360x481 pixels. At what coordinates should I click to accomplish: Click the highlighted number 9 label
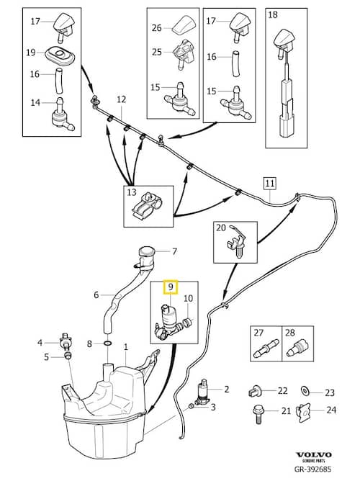pyautogui.click(x=171, y=287)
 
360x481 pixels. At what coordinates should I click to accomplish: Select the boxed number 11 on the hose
pyautogui.click(x=269, y=184)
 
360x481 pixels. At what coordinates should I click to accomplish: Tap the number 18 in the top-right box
pyautogui.click(x=273, y=14)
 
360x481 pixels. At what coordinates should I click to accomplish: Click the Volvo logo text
pyautogui.click(x=314, y=454)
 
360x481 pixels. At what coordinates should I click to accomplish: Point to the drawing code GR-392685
pyautogui.click(x=312, y=469)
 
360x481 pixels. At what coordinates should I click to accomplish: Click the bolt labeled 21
pyautogui.click(x=258, y=414)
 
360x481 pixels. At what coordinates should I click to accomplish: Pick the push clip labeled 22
pyautogui.click(x=254, y=391)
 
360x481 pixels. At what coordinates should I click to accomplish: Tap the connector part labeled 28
pyautogui.click(x=297, y=349)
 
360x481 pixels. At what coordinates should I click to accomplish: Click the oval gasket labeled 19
pyautogui.click(x=60, y=56)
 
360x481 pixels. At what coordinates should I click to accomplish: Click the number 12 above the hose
pyautogui.click(x=121, y=99)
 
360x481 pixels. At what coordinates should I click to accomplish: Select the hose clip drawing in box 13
pyautogui.click(x=147, y=208)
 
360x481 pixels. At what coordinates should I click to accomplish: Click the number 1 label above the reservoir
pyautogui.click(x=125, y=347)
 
